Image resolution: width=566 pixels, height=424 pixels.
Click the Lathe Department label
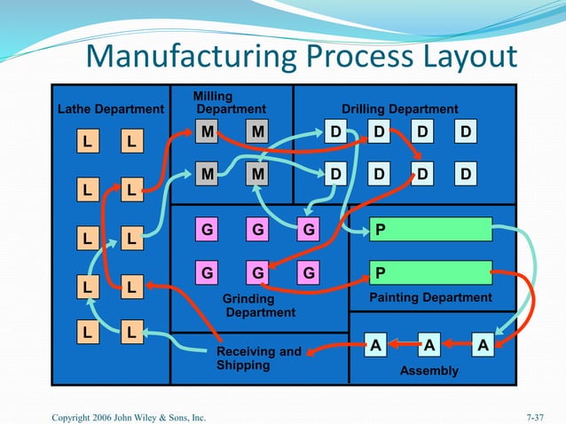[111, 109]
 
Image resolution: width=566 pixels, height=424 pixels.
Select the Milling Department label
[230, 103]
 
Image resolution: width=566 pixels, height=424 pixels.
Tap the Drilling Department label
[400, 109]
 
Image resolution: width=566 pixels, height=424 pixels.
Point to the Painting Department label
[430, 298]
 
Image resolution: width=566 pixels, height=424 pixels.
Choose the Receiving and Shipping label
[259, 358]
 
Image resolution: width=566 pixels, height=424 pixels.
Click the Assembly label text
[428, 371]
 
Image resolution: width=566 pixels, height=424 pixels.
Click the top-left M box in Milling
[207, 132]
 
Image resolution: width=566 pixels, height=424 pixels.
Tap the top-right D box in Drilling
[465, 132]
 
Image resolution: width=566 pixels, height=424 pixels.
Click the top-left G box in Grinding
[207, 230]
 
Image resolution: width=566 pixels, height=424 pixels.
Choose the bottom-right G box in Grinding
[309, 272]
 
